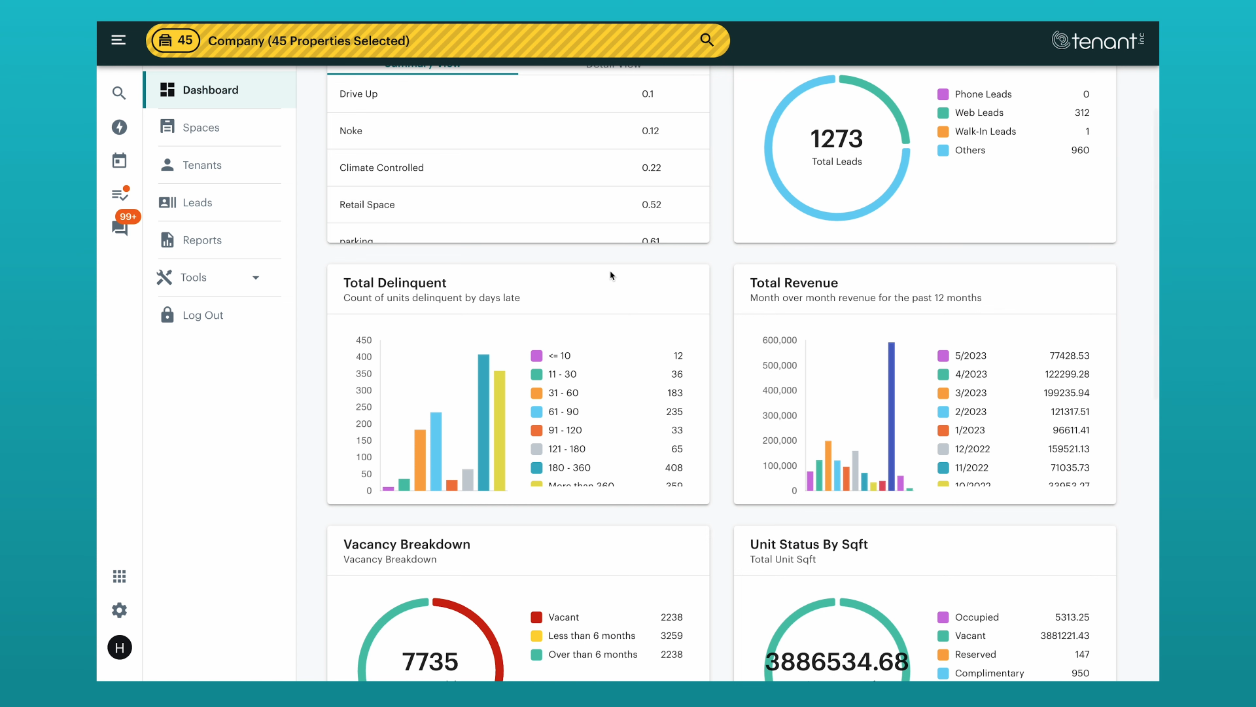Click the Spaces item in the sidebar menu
[201, 128]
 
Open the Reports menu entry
[201, 240]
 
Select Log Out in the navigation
[202, 316]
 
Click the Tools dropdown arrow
[256, 278]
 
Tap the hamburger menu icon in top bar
[118, 41]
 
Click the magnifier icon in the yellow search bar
[706, 40]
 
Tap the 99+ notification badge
[128, 217]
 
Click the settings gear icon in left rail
[119, 610]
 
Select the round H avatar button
[119, 647]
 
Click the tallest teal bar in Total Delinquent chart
[483, 422]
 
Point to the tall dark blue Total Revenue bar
[891, 416]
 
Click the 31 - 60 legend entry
[563, 393]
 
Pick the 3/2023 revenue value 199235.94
[1066, 393]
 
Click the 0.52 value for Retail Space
[651, 205]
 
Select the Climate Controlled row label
[381, 168]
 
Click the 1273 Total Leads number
[836, 139]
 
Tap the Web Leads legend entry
[979, 113]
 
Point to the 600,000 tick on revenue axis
[779, 340]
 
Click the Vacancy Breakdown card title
[406, 544]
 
